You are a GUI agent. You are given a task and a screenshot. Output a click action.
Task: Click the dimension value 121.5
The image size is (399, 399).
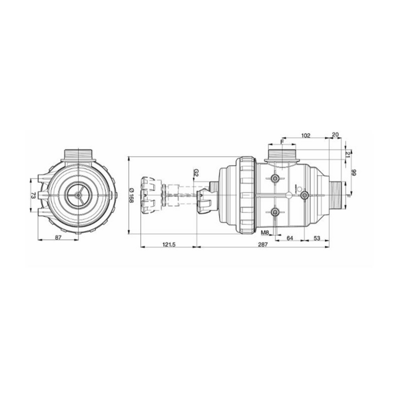(x=169, y=244)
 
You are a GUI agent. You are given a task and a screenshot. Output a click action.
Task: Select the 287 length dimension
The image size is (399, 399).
(x=263, y=244)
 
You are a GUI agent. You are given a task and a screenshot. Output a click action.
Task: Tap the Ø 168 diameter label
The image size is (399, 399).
(x=131, y=195)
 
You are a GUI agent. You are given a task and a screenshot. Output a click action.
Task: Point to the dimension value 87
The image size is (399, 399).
(x=58, y=237)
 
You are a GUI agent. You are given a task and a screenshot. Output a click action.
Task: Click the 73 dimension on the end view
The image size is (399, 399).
(x=33, y=196)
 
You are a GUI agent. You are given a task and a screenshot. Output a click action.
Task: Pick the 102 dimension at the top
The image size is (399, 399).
(x=306, y=135)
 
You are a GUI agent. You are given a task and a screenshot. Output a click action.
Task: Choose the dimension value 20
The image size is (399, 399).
(x=335, y=134)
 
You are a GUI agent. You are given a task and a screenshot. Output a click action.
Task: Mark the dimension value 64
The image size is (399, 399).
(x=290, y=238)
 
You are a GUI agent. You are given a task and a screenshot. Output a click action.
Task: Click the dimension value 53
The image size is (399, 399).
(x=317, y=238)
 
